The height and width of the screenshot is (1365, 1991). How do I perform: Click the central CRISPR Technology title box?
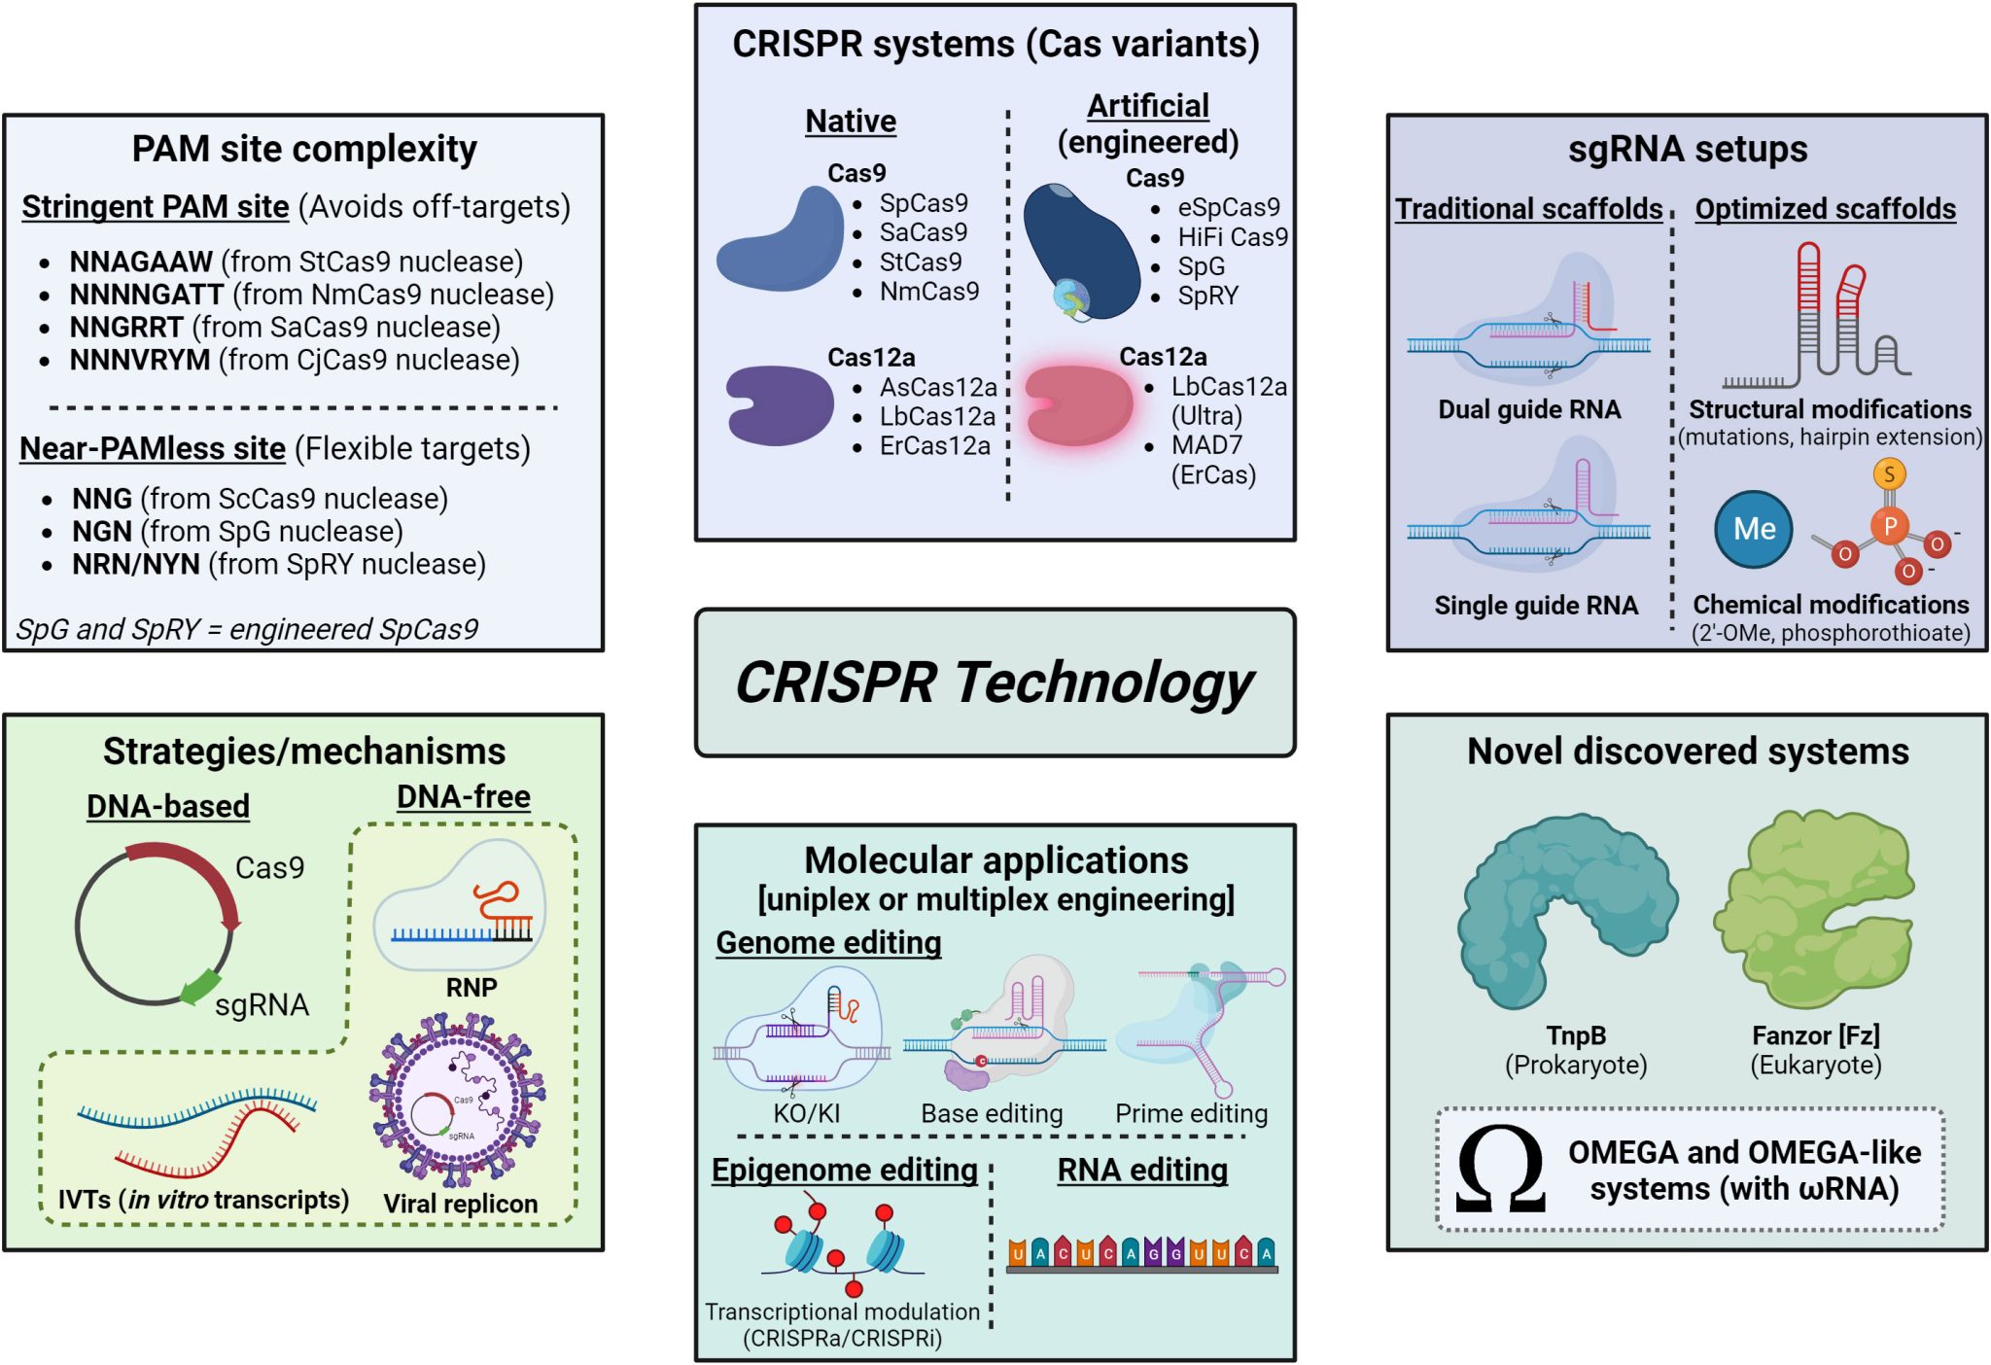click(x=995, y=682)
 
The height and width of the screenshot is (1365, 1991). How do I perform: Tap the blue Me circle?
click(x=1753, y=529)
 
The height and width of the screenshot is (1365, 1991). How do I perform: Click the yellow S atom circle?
click(x=1889, y=474)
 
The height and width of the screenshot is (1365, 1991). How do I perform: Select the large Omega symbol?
click(x=1500, y=1170)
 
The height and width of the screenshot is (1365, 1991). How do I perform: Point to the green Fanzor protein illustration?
click(x=1814, y=909)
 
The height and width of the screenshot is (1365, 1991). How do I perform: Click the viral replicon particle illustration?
click(x=457, y=1100)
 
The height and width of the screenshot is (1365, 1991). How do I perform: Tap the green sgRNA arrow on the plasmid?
click(x=201, y=988)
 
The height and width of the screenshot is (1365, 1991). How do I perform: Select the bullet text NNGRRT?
click(x=126, y=328)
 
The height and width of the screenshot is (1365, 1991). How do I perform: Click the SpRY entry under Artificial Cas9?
click(x=1207, y=296)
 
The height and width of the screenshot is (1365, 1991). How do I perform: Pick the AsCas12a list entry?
click(x=938, y=388)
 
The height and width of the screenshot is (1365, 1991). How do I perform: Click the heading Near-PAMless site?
click(x=153, y=449)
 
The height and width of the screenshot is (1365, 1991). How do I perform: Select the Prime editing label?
click(x=1191, y=1114)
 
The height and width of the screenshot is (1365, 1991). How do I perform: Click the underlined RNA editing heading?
click(x=1142, y=1171)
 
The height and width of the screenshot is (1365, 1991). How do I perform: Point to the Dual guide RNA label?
click(x=1529, y=409)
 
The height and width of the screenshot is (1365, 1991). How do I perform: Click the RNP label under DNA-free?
click(x=472, y=988)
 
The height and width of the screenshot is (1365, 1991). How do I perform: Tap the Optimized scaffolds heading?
click(x=1825, y=209)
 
